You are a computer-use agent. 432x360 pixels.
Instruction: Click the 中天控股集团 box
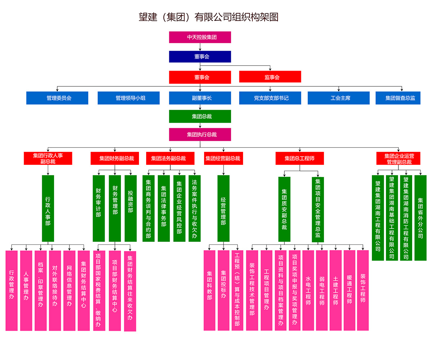pos(200,37)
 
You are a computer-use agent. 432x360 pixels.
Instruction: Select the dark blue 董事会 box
pos(200,57)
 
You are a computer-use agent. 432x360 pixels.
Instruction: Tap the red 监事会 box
pos(270,77)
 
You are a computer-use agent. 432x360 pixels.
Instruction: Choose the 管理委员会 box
pos(57,98)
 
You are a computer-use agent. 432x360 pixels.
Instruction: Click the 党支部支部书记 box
pos(270,98)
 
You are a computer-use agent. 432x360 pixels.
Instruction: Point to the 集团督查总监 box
pos(400,98)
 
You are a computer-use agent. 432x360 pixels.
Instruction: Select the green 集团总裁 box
pos(200,116)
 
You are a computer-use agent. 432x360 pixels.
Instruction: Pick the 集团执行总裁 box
pos(200,135)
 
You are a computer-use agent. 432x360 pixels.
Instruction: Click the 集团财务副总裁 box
pos(115,158)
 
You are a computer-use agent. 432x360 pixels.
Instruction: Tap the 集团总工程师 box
pos(300,158)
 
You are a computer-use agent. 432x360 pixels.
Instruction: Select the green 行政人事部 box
pos(48,208)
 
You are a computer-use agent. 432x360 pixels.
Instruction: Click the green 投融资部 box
pos(130,208)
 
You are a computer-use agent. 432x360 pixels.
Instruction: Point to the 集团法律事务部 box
pos(164,208)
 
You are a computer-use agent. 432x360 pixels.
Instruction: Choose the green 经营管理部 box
pos(223,208)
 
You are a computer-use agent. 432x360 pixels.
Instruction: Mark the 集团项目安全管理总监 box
pos(318,209)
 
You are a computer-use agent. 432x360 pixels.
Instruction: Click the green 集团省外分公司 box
pos(420,217)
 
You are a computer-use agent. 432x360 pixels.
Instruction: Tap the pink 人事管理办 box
pos(26,291)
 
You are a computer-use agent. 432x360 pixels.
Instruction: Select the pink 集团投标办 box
pos(223,291)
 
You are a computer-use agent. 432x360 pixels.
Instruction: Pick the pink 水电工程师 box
pos(308,291)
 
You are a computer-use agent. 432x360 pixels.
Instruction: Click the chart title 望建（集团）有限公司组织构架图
pos(208,17)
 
